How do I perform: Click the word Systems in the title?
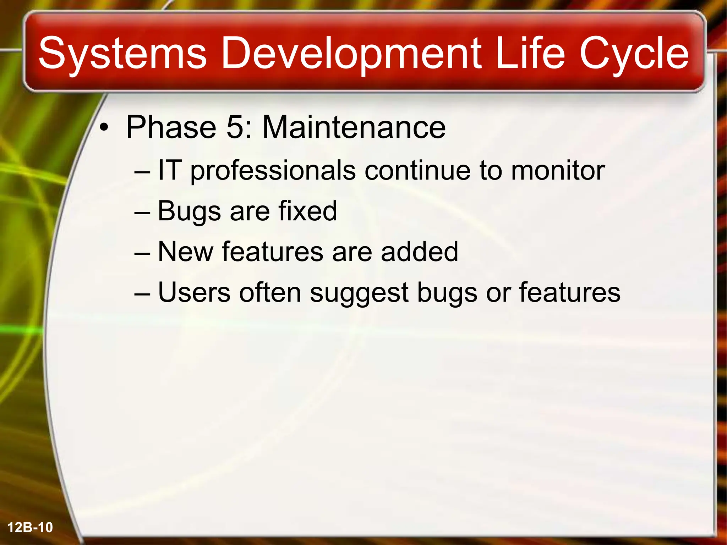pos(122,54)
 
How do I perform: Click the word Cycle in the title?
pos(634,54)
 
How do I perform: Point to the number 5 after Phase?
pos(235,127)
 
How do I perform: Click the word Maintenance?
pos(354,127)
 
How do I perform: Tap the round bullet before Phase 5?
pos(103,128)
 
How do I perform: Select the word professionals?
pos(273,171)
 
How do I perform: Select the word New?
pos(186,252)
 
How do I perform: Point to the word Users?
pos(194,292)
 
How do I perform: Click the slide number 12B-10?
pos(30,528)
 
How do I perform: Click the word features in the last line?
pos(570,292)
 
